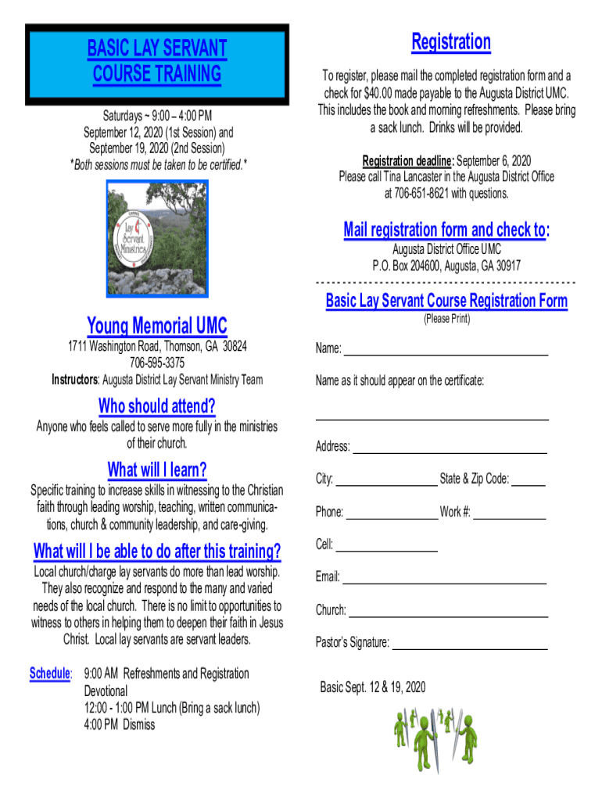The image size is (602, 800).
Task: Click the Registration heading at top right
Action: pos(451,41)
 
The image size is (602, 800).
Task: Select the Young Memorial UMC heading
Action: pos(157,325)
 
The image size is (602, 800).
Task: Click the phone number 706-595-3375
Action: pos(157,362)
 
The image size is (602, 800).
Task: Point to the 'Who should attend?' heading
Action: pos(157,406)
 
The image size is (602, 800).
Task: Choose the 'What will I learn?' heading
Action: pos(157,470)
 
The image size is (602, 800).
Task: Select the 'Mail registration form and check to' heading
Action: pos(446,229)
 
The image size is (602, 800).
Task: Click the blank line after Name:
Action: pos(446,351)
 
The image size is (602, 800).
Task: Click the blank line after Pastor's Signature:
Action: pos(469,645)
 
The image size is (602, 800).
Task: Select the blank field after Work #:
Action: pos(509,515)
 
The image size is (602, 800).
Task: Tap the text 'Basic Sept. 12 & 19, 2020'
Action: pos(373,687)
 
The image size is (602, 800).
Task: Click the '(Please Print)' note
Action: pos(446,319)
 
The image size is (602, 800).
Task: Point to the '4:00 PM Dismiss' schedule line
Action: pos(120,724)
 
